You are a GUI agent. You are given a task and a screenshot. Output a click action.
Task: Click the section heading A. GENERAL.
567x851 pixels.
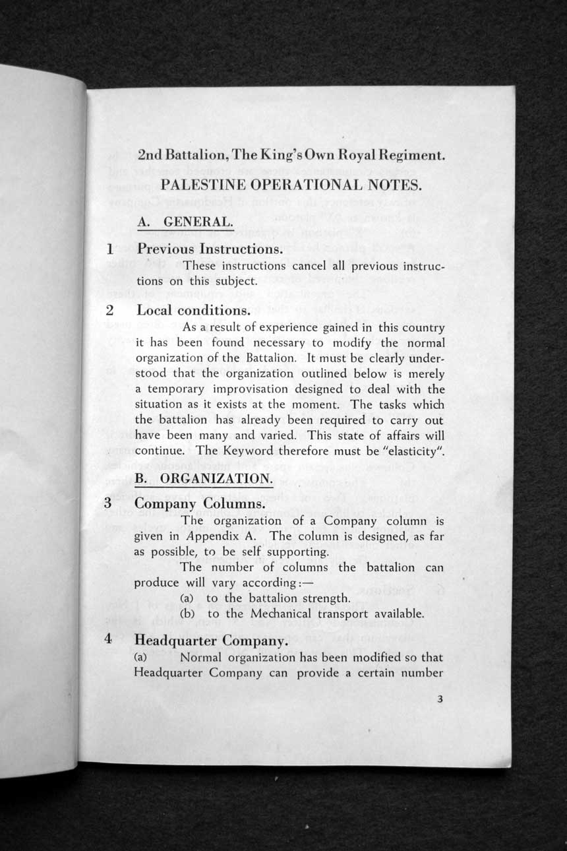point(186,223)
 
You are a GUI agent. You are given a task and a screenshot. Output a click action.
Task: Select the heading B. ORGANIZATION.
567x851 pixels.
point(202,478)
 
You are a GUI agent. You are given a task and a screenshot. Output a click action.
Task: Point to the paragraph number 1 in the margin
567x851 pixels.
point(111,249)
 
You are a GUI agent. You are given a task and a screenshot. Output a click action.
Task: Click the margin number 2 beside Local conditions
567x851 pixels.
point(109,310)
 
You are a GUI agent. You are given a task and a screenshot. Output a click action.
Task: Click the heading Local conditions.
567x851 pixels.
point(191,310)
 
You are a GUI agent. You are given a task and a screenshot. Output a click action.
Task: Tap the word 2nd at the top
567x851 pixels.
point(150,156)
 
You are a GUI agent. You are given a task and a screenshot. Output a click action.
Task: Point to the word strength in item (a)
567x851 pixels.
point(325,598)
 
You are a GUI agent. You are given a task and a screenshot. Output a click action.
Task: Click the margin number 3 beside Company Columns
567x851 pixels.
point(107,503)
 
